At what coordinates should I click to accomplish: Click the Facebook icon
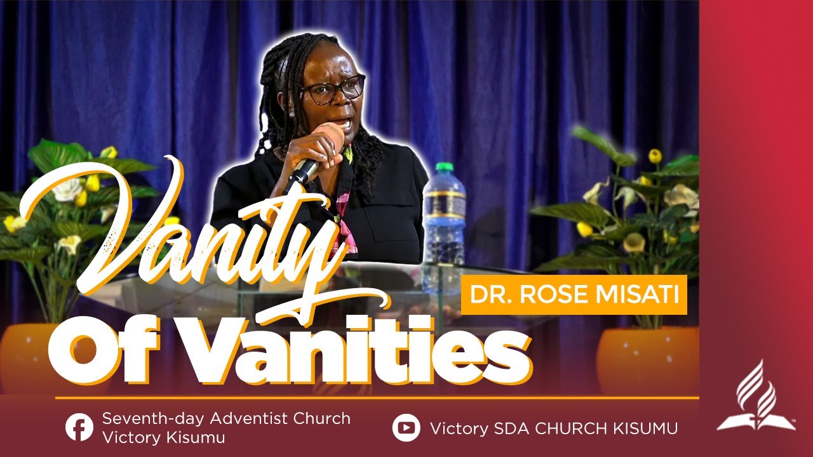79,427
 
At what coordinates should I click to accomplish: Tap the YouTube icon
406,427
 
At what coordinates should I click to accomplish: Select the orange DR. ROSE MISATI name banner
574,295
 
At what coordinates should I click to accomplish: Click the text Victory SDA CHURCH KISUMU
553,428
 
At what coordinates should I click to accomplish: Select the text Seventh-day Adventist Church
226,419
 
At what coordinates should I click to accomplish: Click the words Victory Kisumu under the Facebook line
164,438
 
